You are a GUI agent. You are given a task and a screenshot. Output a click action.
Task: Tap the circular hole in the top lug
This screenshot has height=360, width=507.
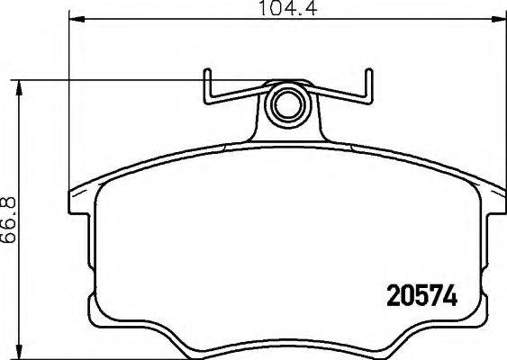[287, 103]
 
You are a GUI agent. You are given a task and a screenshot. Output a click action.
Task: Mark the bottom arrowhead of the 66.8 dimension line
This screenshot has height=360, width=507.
[19, 350]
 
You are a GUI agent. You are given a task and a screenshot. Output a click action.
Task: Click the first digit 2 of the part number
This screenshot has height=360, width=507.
[389, 296]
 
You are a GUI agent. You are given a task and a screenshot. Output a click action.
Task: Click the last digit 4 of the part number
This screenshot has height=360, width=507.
[453, 296]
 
